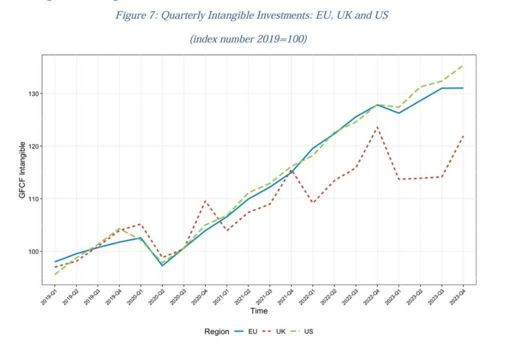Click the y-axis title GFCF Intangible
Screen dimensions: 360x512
(x=22, y=170)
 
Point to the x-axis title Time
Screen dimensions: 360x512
(x=259, y=311)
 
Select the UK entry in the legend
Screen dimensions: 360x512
(x=280, y=331)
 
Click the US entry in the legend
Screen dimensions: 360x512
(x=308, y=331)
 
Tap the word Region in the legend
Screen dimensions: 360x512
(x=216, y=331)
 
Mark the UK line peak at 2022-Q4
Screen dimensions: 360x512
(x=377, y=127)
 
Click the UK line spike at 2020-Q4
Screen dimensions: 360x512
(x=205, y=201)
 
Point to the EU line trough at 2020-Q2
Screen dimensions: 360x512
(x=162, y=265)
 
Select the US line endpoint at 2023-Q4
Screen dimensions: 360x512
(x=463, y=65)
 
